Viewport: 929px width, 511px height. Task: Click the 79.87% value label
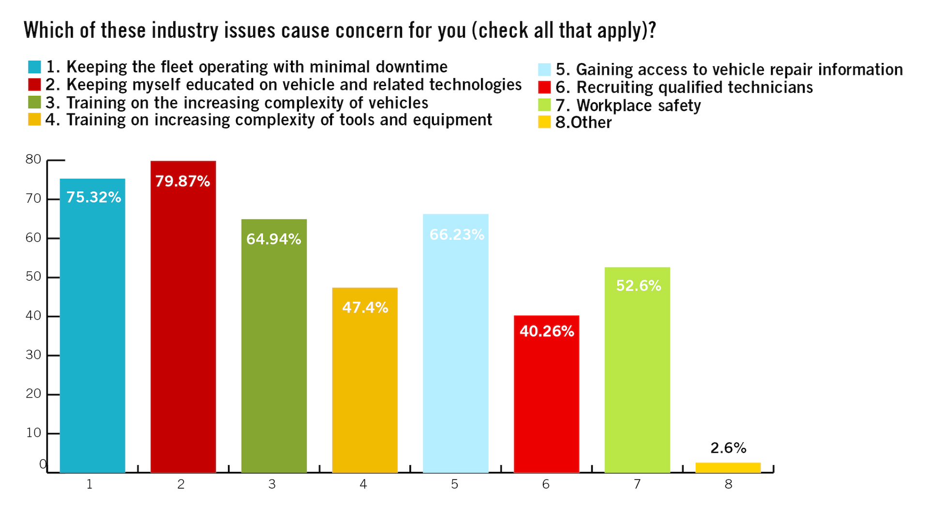182,181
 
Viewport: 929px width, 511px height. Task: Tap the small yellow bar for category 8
728,467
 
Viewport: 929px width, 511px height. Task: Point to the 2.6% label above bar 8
728,448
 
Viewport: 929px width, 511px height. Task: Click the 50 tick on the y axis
33,277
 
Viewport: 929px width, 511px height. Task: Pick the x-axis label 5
454,484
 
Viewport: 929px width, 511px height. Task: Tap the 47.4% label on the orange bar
365,308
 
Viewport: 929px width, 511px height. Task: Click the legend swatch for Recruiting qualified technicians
544,88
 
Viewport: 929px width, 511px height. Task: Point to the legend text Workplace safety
638,105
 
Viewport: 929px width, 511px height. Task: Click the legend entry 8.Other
583,122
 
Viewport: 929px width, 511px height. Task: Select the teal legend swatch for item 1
34,67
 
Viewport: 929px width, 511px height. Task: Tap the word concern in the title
369,30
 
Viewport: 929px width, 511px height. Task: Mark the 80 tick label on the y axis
33,159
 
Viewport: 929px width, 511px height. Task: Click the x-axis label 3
272,484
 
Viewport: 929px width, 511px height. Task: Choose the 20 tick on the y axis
33,394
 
